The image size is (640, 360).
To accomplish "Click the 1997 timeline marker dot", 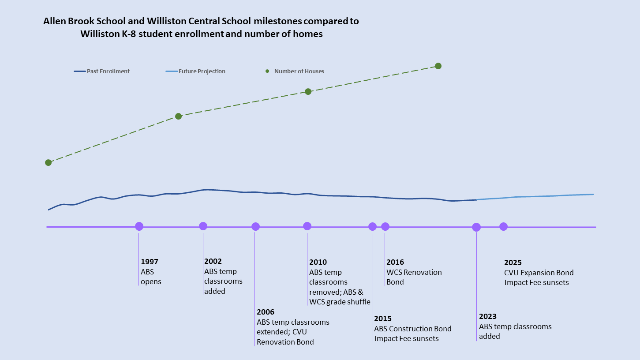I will tap(139, 226).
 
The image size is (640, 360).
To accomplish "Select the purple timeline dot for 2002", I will tap(203, 226).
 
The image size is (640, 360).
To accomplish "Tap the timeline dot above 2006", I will tap(255, 227).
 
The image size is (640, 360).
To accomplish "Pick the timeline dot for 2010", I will tap(307, 226).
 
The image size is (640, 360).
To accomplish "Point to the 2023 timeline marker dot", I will tap(476, 227).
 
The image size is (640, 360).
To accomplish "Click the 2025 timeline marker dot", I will tap(503, 227).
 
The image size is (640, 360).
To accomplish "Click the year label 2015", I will tap(383, 319).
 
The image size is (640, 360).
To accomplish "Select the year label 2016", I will tap(395, 262).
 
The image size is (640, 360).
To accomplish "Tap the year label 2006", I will tap(266, 312).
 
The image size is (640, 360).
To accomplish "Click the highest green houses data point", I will tap(438, 66).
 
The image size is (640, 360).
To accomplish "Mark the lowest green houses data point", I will tap(49, 162).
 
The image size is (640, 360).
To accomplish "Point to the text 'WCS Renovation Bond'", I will tap(414, 277).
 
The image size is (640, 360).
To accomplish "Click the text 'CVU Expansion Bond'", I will tap(539, 273).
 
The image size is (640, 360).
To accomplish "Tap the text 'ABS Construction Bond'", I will tap(413, 329).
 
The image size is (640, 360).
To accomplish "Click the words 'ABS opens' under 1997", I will tap(151, 277).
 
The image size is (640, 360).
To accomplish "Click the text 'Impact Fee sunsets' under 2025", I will tap(537, 282).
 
